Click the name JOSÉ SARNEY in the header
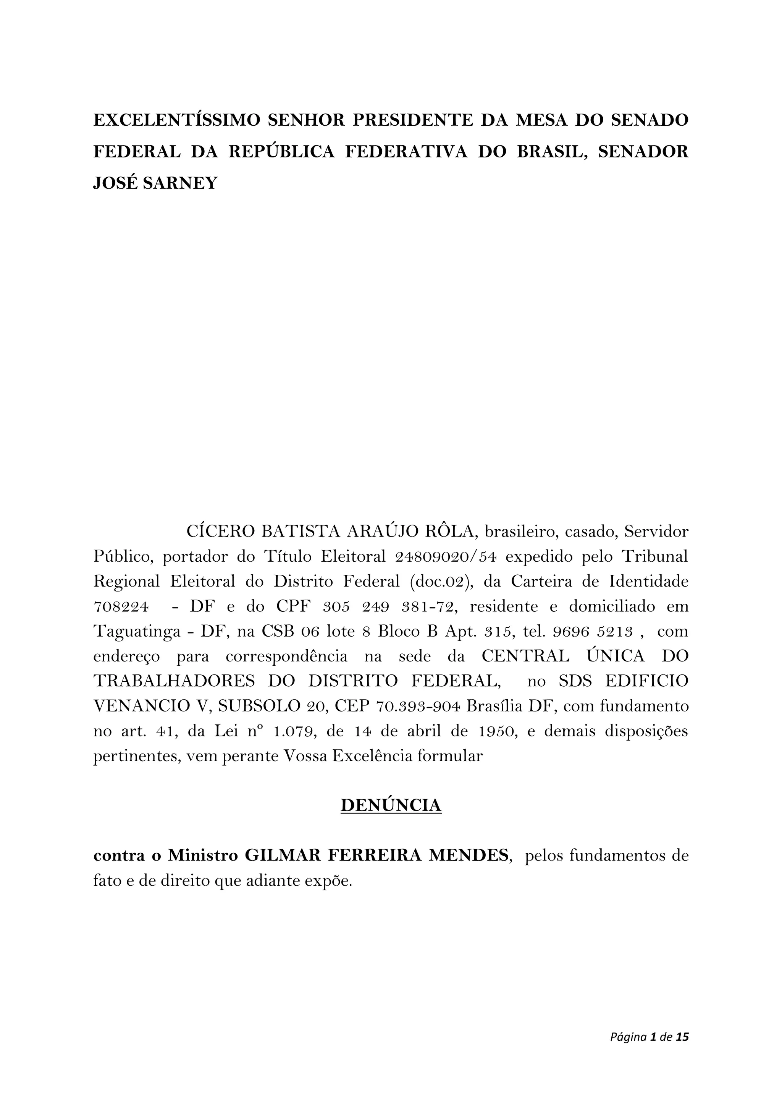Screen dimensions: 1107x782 (155, 183)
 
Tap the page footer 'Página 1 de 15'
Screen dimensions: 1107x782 (649, 1037)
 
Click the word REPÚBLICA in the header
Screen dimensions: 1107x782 (281, 151)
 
